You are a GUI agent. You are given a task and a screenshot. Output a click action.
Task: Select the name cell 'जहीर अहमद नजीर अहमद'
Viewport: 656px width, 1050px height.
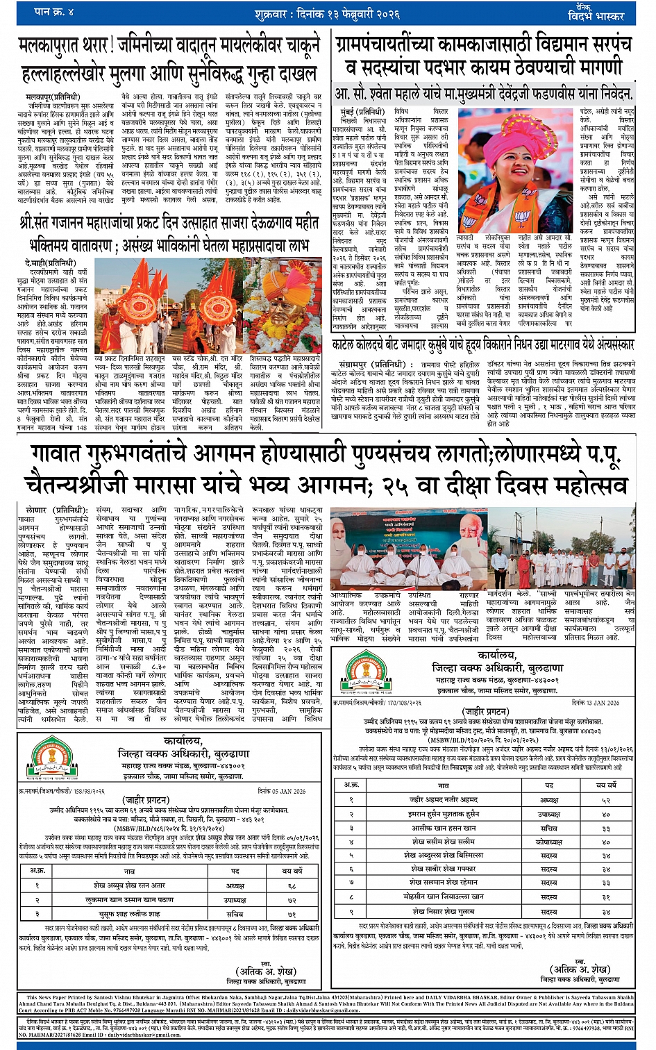(x=444, y=800)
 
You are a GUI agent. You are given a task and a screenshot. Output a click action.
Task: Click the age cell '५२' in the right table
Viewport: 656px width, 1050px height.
(x=606, y=800)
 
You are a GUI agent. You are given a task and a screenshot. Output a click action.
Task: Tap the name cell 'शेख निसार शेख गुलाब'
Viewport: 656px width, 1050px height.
(x=444, y=911)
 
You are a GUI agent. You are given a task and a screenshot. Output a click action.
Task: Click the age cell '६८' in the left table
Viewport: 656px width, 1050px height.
(x=292, y=886)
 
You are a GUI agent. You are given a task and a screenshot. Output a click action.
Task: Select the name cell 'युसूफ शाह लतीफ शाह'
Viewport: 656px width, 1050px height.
(x=129, y=914)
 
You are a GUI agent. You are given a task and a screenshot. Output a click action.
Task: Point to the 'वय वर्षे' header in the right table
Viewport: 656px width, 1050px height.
(x=606, y=785)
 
